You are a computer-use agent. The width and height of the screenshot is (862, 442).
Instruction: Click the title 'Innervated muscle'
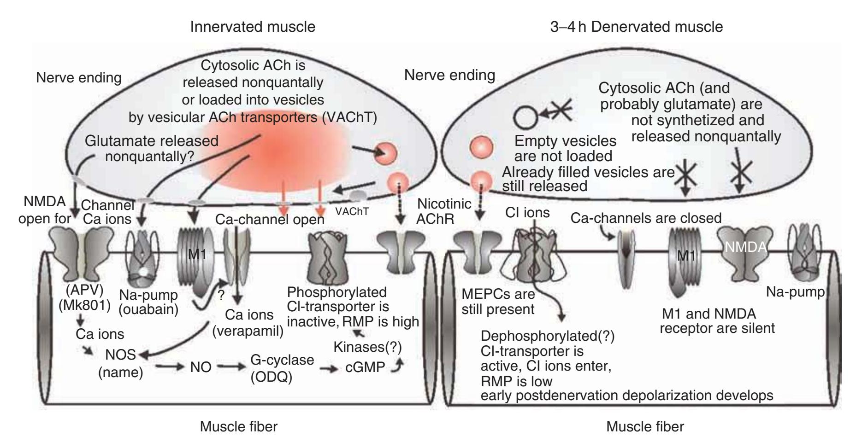(x=253, y=27)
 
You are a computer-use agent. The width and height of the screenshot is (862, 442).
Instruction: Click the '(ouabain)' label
(x=154, y=309)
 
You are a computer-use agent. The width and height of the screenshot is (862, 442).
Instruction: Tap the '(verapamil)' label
(x=248, y=331)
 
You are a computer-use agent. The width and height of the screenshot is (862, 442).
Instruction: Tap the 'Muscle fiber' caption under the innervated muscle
(x=238, y=427)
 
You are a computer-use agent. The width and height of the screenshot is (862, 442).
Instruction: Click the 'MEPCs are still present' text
(x=498, y=301)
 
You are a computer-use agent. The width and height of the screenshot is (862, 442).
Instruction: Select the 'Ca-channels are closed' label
(x=646, y=218)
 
